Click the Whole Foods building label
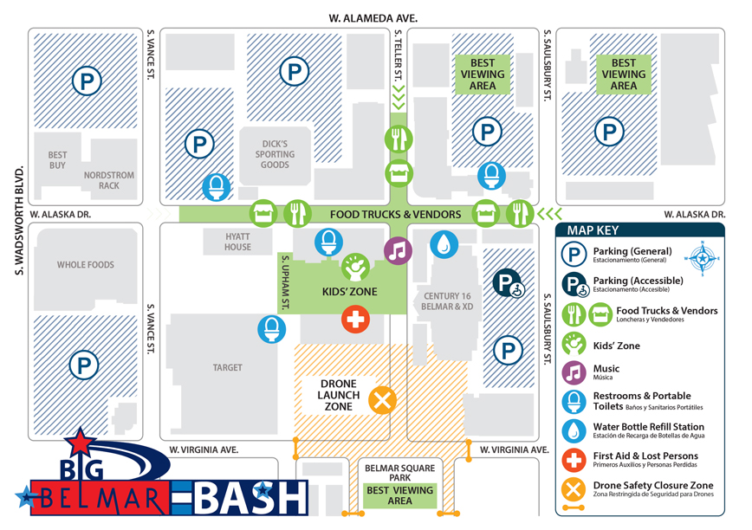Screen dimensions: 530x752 pos(86,265)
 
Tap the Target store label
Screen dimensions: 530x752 pos(228,368)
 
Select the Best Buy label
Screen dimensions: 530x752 pos(57,160)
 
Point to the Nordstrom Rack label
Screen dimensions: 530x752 pos(109,180)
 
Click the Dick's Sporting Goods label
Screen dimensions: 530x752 pos(276,154)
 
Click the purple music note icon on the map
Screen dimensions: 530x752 pos(399,251)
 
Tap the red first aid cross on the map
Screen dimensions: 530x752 pos(355,320)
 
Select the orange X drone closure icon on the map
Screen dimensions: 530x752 pos(382,400)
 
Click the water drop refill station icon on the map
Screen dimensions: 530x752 pos(444,244)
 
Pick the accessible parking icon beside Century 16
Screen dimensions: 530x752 pos(508,284)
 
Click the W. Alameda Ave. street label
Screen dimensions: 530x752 pos(373,17)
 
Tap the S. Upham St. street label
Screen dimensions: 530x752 pos(283,283)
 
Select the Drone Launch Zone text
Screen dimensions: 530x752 pos(338,395)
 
